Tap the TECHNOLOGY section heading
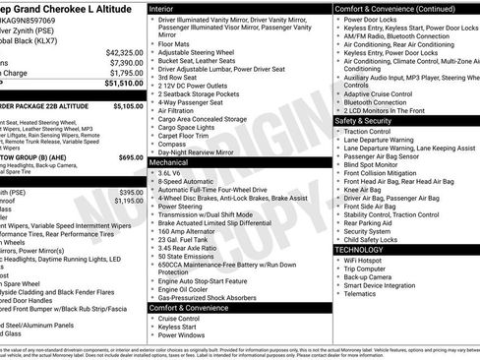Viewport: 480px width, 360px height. [360, 250]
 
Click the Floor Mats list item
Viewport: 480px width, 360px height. [175, 43]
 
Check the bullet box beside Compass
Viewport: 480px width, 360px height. [153, 143]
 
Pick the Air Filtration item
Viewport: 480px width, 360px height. [179, 111]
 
